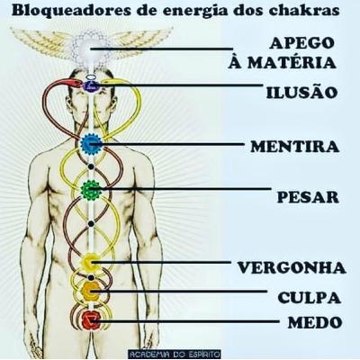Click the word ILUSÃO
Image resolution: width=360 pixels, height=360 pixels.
point(301,92)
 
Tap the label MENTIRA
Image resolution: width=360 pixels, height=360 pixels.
point(295,147)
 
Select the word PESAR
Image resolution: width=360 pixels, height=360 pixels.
point(308,197)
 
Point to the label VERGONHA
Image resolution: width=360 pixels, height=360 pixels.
point(292,267)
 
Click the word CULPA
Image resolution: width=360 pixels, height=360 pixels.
point(310,298)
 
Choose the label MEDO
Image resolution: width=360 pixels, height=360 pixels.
point(315,323)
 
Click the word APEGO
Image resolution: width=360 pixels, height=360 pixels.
point(301,43)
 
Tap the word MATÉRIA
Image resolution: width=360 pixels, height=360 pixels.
point(292,62)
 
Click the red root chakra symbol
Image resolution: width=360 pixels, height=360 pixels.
point(91,320)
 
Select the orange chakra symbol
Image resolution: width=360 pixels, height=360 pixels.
point(91,291)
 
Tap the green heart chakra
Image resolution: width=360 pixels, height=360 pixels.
point(91,189)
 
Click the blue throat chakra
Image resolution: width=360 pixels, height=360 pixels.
point(91,144)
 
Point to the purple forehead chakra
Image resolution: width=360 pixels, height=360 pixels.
point(91,86)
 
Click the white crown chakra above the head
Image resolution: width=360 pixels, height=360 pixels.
point(89,48)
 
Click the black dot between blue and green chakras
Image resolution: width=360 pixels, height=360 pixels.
point(91,166)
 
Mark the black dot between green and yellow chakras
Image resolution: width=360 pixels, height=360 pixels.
point(91,223)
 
